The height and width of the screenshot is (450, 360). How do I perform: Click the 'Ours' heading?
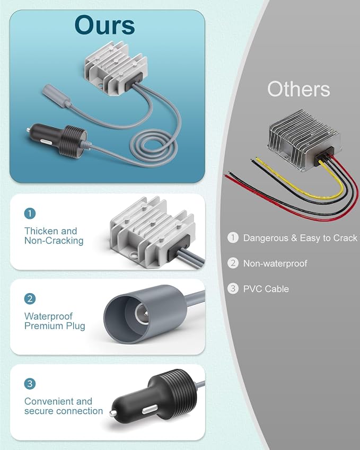coord(105,25)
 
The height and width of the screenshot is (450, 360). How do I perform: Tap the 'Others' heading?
coord(298,89)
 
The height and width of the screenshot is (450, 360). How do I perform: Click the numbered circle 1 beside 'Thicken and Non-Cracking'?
coord(30,214)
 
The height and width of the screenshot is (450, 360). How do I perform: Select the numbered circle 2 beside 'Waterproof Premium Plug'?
coord(30,299)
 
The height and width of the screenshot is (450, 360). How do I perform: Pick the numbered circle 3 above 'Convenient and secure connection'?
coord(30,384)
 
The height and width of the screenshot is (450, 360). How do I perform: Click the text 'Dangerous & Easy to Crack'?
coord(300,238)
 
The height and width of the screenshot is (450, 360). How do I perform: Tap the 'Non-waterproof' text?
coord(275,263)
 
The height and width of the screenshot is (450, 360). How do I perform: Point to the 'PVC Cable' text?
coord(266,289)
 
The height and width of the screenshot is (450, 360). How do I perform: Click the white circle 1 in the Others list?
coord(233,237)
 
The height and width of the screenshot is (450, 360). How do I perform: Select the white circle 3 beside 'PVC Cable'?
coord(233,288)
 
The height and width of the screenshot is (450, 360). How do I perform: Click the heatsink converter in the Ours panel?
coord(113,68)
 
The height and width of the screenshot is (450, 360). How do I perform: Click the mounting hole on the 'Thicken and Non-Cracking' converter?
coord(133,255)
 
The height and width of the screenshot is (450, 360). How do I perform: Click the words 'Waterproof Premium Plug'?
coord(55,321)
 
